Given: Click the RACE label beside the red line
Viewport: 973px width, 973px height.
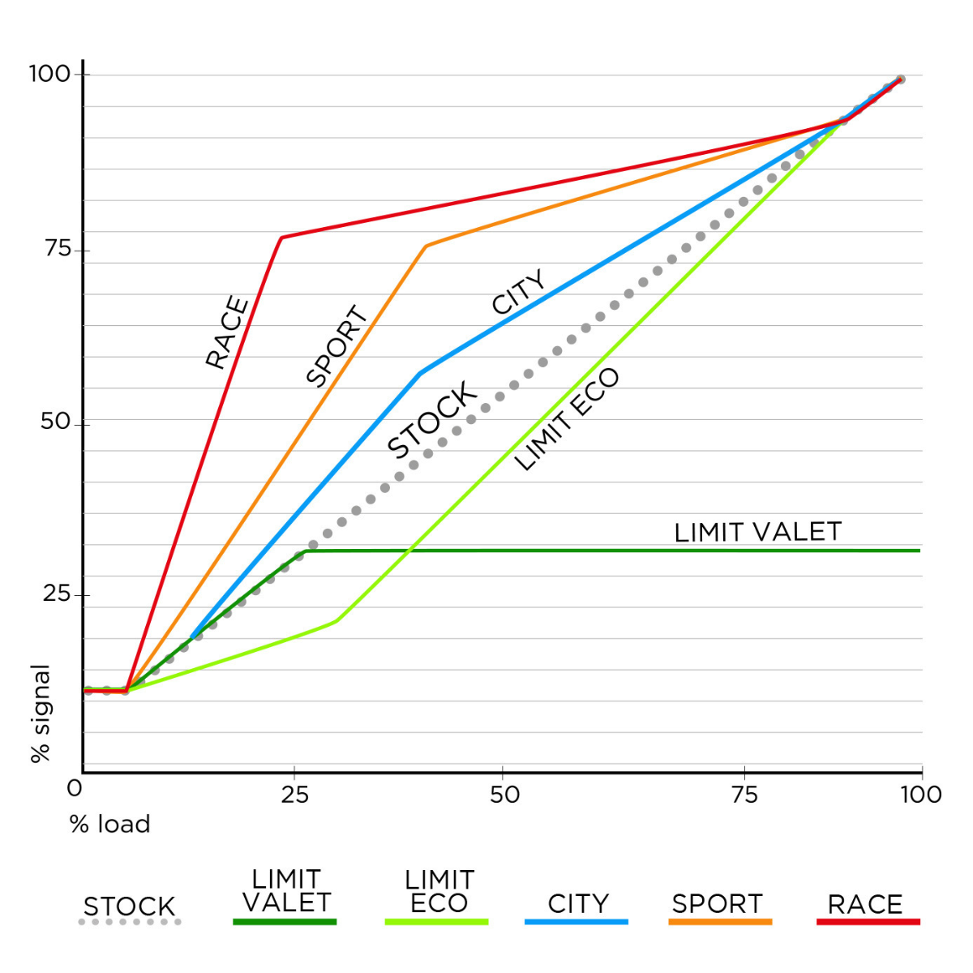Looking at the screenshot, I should pos(227,332).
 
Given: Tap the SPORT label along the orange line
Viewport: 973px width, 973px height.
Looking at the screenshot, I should pos(336,345).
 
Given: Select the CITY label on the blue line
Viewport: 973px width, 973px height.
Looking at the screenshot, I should pos(519,293).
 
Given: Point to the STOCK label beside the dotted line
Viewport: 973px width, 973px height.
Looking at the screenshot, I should pos(432,420).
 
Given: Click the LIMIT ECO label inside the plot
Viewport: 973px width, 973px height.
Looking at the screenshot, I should pos(567,419).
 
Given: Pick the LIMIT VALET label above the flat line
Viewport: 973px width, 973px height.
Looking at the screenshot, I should pos(758,532).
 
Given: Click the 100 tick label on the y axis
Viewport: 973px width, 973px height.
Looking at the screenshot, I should pos(50,74).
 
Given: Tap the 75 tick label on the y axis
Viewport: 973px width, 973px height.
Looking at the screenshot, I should pos(58,248).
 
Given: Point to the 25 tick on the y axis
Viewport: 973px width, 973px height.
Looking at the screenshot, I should pos(56,594).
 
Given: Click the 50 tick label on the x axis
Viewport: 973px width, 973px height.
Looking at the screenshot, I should pos(504,795).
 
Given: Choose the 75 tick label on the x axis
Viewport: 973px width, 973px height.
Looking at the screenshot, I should pos(744,795).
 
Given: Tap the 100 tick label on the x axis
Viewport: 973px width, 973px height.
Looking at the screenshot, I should pos(921,795).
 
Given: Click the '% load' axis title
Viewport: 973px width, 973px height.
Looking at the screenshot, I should pos(110,825).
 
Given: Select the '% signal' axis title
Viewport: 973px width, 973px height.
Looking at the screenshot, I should pos(41,714).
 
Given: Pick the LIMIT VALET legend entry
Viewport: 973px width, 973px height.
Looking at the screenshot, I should pos(286,891).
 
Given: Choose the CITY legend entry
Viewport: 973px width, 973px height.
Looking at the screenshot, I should pos(578,903).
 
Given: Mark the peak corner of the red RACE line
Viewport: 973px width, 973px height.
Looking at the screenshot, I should pos(281,238).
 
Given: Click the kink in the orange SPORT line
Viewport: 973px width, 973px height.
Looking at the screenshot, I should pos(426,246).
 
